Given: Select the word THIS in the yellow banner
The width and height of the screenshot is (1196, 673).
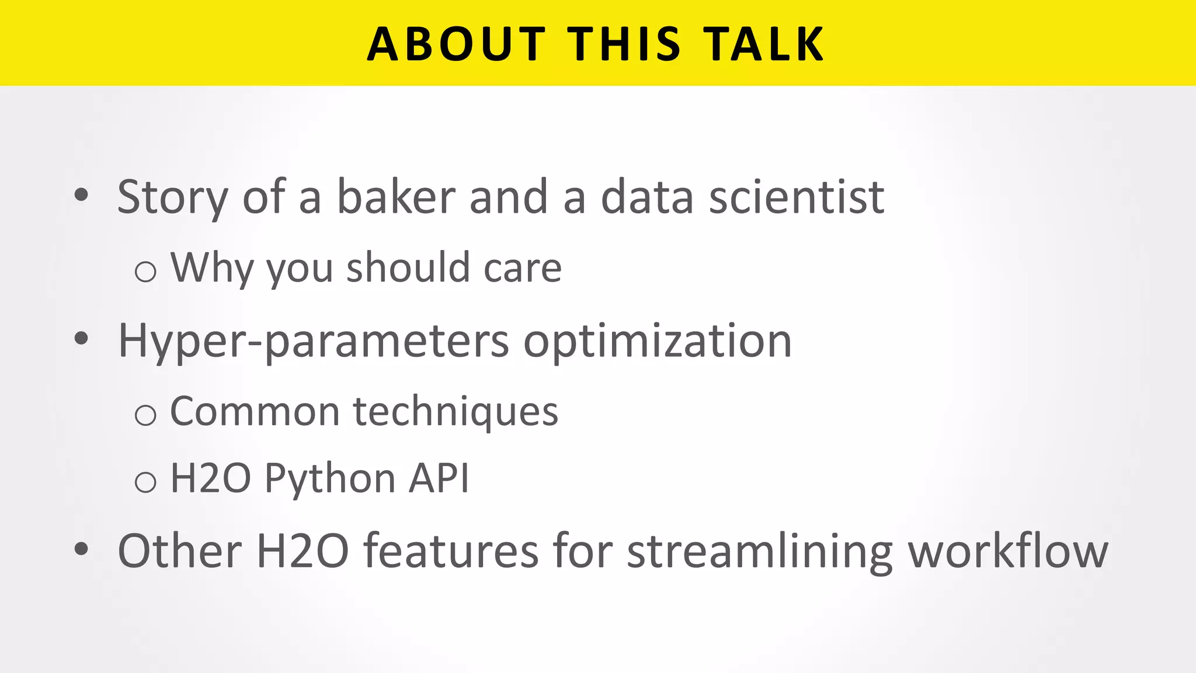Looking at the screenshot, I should (x=624, y=44).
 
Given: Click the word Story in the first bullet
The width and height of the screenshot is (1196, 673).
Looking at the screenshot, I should (x=172, y=197).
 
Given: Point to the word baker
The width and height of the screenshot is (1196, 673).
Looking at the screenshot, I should (x=396, y=197).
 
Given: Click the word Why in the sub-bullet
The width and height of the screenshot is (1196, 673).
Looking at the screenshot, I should (x=212, y=268).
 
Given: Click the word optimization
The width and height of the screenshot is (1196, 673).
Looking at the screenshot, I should (x=658, y=341).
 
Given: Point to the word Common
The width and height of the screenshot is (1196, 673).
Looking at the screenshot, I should (x=255, y=411).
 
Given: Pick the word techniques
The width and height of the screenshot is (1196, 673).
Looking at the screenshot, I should (x=456, y=412).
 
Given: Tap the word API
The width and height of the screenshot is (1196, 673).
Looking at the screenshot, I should (x=439, y=478).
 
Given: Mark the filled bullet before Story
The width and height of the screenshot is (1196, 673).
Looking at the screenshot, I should (x=81, y=195).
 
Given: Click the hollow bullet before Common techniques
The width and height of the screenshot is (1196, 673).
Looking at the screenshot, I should (x=145, y=415).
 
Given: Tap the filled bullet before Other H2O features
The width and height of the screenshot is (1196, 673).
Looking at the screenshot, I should (x=81, y=549).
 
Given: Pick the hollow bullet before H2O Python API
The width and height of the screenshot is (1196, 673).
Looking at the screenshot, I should (x=145, y=482).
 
